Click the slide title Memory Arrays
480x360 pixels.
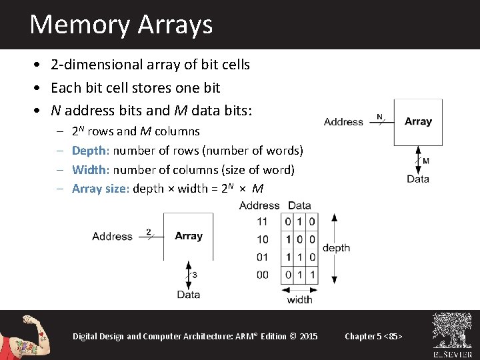pyautogui.click(x=121, y=25)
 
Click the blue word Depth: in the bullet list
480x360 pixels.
pyautogui.click(x=91, y=151)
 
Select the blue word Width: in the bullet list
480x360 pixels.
pyautogui.click(x=91, y=169)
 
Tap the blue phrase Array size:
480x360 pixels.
pyautogui.click(x=101, y=188)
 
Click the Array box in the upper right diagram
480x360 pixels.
pyautogui.click(x=418, y=122)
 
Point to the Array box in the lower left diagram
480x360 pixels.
pyautogui.click(x=188, y=236)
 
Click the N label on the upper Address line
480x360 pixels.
pyautogui.click(x=379, y=117)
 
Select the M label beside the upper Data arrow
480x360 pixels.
pyautogui.click(x=426, y=161)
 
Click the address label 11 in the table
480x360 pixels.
pyautogui.click(x=262, y=221)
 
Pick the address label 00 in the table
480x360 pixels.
pyautogui.click(x=262, y=275)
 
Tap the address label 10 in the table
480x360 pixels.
pyautogui.click(x=262, y=239)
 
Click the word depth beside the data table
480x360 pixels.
pyautogui.click(x=336, y=248)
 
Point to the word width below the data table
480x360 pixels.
pyautogui.click(x=300, y=300)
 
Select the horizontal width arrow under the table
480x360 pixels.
pyautogui.click(x=300, y=289)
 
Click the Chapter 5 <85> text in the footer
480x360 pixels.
pyautogui.click(x=373, y=336)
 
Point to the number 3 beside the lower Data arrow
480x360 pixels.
pyautogui.click(x=194, y=275)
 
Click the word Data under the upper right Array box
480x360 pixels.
pyautogui.click(x=418, y=179)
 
